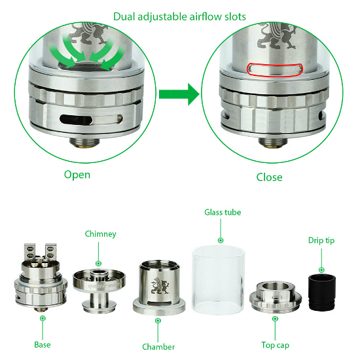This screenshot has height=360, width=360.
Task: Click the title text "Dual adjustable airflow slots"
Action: tap(179, 17)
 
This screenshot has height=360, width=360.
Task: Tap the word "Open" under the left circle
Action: tap(77, 175)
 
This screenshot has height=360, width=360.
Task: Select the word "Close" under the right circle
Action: tap(269, 177)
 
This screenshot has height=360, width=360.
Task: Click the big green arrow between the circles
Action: tap(179, 94)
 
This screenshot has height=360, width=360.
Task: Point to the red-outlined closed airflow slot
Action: tap(275, 69)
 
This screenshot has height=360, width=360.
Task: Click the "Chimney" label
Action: tap(101, 234)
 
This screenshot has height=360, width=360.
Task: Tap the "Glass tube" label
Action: tap(223, 212)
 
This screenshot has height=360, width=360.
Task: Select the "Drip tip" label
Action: tap(321, 241)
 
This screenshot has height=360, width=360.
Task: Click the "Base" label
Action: tap(43, 344)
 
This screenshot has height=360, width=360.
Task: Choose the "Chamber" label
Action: tap(158, 347)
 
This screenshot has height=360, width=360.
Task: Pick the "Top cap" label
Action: tap(276, 345)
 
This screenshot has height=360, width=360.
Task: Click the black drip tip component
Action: tap(321, 293)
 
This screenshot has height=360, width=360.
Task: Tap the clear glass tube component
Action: tap(218, 280)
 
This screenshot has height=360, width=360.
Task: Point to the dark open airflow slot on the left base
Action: tap(76, 120)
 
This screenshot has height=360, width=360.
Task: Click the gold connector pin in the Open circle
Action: tap(84, 145)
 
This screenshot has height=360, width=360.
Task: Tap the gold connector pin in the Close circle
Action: tap(273, 145)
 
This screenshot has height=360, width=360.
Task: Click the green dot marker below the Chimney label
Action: tap(98, 263)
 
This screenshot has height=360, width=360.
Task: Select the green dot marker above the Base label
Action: tap(43, 318)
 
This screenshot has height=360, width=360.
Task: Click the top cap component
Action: tap(276, 298)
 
